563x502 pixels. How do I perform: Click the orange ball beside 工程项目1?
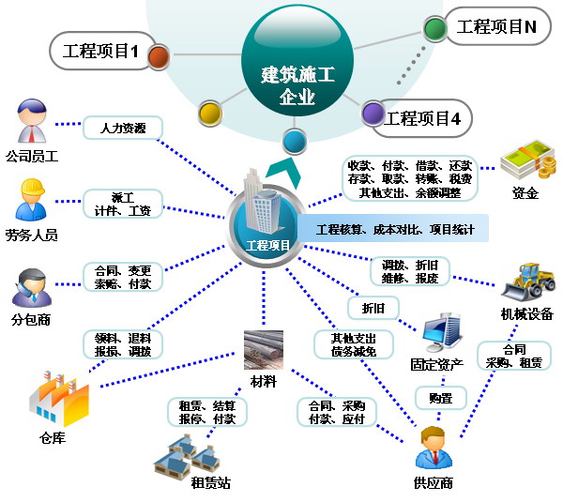158,56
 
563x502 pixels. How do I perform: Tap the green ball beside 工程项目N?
434,28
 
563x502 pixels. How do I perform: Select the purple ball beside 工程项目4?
373,114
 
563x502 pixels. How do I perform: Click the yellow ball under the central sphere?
210,114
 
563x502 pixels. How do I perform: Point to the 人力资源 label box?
123,128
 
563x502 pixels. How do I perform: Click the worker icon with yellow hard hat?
32,200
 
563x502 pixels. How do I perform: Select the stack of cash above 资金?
527,160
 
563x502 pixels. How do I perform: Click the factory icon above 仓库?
59,399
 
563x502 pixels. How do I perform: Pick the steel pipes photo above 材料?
264,350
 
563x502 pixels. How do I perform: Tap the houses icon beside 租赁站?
187,456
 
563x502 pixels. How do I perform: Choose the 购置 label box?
441,398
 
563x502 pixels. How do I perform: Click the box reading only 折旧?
373,308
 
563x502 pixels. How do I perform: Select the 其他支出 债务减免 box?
354,344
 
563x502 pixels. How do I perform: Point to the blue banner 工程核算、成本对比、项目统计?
394,228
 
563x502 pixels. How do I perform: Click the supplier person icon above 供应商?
434,448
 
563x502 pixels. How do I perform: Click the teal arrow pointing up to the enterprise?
283,172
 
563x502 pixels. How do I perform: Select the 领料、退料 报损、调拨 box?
123,344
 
